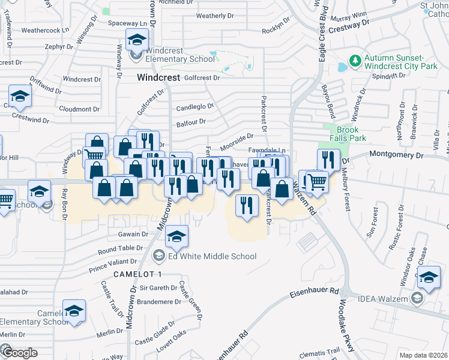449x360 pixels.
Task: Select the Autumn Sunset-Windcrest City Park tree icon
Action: coord(355,61)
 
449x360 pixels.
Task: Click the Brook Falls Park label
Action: coord(348,134)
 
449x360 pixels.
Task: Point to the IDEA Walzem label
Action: coord(391,299)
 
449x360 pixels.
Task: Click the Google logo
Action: coord(19,352)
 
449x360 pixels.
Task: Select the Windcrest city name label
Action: coord(158,77)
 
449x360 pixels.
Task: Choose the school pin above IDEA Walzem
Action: coord(429,278)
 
